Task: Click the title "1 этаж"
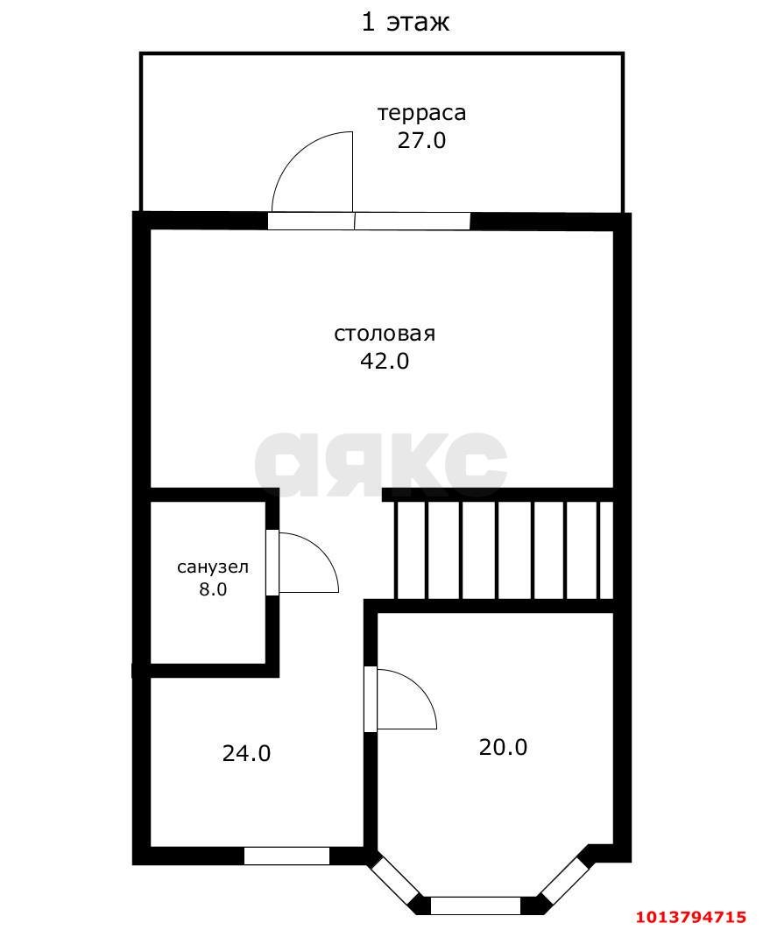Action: pyautogui.click(x=406, y=21)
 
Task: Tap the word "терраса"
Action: pyautogui.click(x=421, y=113)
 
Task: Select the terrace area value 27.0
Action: pyautogui.click(x=421, y=140)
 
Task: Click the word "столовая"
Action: pyautogui.click(x=385, y=334)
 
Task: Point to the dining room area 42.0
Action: pyautogui.click(x=385, y=361)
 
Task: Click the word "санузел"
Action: pyautogui.click(x=213, y=567)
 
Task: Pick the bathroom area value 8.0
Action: pyautogui.click(x=213, y=589)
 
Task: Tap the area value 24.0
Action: pyautogui.click(x=246, y=753)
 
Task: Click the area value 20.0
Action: pyautogui.click(x=503, y=747)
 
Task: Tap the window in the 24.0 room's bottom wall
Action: pyautogui.click(x=286, y=856)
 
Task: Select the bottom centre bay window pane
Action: pyautogui.click(x=476, y=905)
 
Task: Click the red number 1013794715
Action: pyautogui.click(x=690, y=917)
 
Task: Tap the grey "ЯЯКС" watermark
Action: pyautogui.click(x=381, y=464)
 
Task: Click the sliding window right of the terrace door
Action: pyautogui.click(x=413, y=221)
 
